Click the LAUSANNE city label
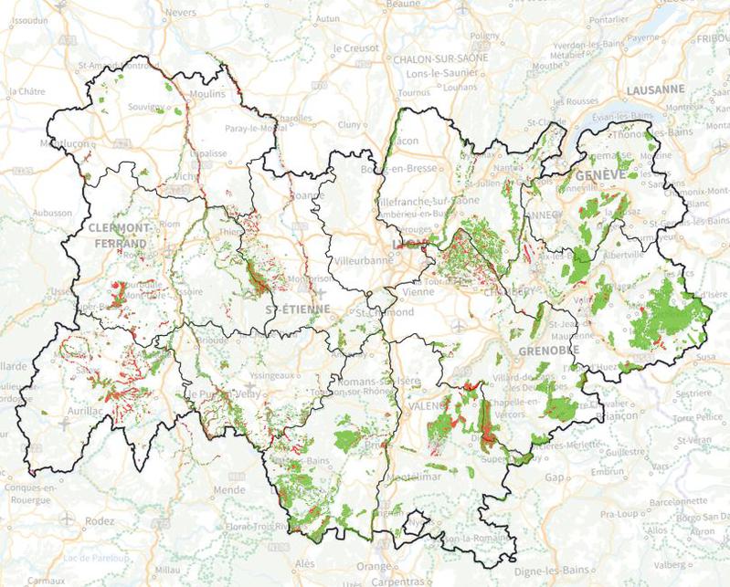656,89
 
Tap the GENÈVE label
599,173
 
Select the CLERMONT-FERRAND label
120,235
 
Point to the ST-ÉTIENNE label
298,309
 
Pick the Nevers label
184,13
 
